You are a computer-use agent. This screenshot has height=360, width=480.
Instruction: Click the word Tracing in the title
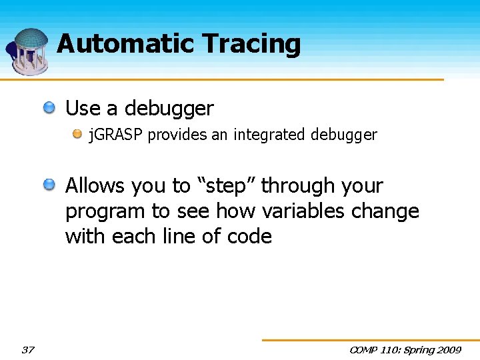(251, 45)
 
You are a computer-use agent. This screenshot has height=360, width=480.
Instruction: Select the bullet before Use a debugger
(51, 108)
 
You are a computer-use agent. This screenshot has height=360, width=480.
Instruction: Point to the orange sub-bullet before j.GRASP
(78, 135)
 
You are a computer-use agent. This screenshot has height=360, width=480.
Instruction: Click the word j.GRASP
(117, 135)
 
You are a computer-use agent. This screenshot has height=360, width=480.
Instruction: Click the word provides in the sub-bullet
(177, 135)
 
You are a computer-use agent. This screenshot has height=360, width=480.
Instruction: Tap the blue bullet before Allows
(51, 185)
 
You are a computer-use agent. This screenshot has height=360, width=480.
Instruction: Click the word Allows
(94, 185)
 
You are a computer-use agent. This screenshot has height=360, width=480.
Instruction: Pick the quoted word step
(227, 186)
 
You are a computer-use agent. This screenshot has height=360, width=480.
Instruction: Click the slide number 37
(28, 350)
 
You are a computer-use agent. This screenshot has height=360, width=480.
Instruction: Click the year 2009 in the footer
(448, 350)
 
